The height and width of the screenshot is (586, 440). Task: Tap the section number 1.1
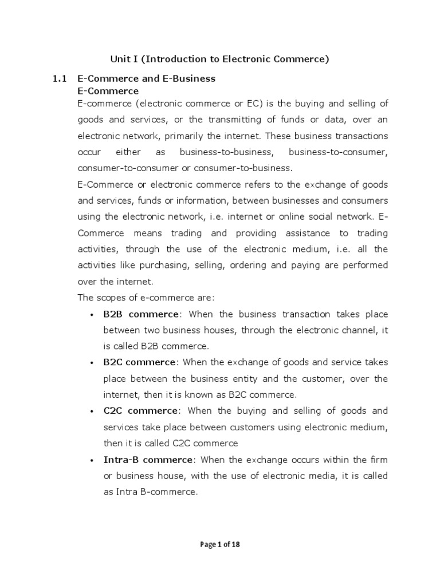pyautogui.click(x=60, y=78)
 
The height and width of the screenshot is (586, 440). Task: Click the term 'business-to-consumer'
pyautogui.click(x=339, y=152)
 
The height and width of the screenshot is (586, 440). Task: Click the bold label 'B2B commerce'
pyautogui.click(x=141, y=314)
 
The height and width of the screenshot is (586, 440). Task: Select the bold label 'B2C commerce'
pyautogui.click(x=139, y=362)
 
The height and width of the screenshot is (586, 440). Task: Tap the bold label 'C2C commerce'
pyautogui.click(x=141, y=411)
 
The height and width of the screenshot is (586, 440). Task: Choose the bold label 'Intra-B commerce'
pyautogui.click(x=148, y=460)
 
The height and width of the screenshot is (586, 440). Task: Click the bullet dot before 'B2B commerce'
pyautogui.click(x=92, y=315)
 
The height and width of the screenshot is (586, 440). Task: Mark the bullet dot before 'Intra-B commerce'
pyautogui.click(x=92, y=460)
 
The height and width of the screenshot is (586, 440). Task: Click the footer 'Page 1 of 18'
pyautogui.click(x=219, y=544)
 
